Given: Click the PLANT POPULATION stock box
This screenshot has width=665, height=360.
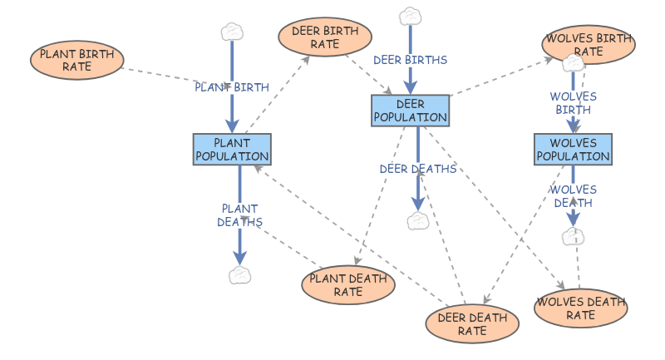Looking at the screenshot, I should point(232,150).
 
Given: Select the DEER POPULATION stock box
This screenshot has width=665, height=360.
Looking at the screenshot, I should point(410,111).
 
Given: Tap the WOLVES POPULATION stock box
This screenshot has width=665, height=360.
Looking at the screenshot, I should point(573,150).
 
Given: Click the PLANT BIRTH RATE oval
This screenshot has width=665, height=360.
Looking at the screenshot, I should point(77,59).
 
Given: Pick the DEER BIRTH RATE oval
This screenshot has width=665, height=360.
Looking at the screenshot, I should point(325,37).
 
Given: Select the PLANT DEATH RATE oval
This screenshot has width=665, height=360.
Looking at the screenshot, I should point(348,285).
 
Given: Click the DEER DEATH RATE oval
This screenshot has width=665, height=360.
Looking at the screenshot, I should point(471,323).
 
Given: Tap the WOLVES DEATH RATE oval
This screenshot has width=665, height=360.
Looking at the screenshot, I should point(581,308).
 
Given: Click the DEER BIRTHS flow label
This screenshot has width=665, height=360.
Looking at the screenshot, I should point(410,60).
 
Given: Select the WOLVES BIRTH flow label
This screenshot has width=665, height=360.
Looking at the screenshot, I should point(573,103).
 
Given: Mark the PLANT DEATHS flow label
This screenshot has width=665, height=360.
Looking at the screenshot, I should point(239,215).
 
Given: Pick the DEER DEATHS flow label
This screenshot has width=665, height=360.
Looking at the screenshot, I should point(418,169).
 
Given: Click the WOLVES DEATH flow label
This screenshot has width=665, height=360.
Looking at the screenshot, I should point(573,195).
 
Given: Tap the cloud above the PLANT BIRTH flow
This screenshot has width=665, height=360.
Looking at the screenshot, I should point(232,32).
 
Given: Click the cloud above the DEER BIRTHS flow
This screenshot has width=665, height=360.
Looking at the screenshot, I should point(410,16).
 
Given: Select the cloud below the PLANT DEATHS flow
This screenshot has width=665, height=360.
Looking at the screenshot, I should point(239,275).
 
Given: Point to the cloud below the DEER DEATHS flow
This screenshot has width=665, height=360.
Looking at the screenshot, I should point(417,220).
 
